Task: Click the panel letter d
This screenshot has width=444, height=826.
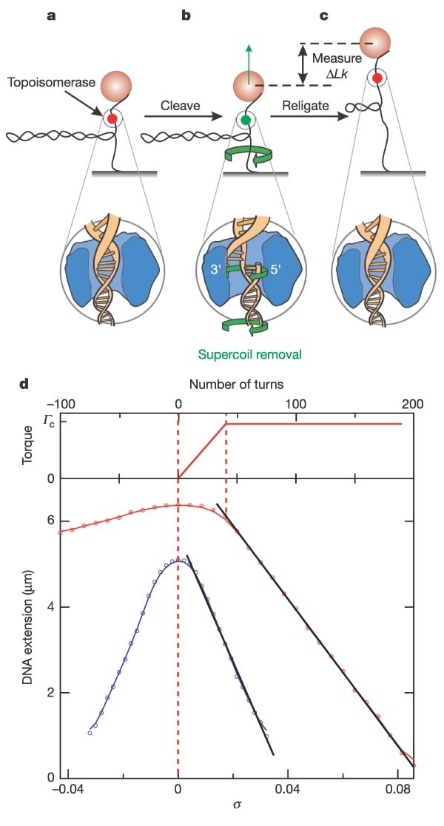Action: pyautogui.click(x=23, y=384)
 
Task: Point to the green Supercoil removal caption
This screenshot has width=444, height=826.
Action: pyautogui.click(x=249, y=354)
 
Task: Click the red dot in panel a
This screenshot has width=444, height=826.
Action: pyautogui.click(x=112, y=119)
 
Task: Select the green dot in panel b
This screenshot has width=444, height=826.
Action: pyautogui.click(x=245, y=120)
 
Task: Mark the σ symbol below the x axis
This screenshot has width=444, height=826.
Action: pyautogui.click(x=237, y=805)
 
